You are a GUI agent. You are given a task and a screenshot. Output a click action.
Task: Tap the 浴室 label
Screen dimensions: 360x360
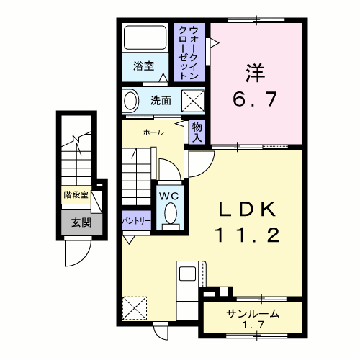click(143, 66)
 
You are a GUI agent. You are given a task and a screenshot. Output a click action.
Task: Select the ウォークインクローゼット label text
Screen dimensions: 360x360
click(189, 53)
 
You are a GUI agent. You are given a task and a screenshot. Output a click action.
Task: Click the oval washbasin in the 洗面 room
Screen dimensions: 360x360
click(131, 101)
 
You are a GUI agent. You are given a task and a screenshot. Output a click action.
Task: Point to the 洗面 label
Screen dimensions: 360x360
click(161, 101)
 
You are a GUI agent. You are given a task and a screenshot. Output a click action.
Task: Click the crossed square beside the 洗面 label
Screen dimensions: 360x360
click(193, 101)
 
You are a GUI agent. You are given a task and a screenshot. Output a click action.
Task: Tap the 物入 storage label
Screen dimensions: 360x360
click(197, 132)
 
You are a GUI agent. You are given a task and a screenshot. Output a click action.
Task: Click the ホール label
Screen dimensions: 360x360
click(153, 132)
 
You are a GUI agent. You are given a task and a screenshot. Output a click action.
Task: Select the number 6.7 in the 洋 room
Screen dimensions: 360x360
click(255, 99)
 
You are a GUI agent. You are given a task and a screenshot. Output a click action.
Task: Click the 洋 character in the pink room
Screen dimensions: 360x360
click(255, 73)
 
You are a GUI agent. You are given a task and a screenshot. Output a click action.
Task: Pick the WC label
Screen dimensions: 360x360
click(169, 196)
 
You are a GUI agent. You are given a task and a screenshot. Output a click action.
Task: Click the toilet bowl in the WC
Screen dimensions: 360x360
click(171, 213)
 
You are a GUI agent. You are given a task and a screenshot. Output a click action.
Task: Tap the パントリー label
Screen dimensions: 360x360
click(136, 220)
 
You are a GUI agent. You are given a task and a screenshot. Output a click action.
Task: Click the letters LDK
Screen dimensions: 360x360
click(247, 210)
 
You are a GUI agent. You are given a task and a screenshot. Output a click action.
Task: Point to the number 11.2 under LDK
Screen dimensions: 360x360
click(248, 235)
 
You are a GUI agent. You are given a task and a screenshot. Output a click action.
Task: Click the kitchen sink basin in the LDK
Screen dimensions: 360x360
click(187, 274)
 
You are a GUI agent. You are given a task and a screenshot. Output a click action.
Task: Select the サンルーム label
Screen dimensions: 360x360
click(253, 314)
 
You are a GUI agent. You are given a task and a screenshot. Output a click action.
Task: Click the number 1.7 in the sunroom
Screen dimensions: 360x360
click(253, 325)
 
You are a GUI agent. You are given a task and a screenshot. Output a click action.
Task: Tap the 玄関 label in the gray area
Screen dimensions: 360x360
click(81, 223)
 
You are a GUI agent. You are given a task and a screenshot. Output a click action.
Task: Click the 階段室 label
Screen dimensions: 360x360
click(76, 195)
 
